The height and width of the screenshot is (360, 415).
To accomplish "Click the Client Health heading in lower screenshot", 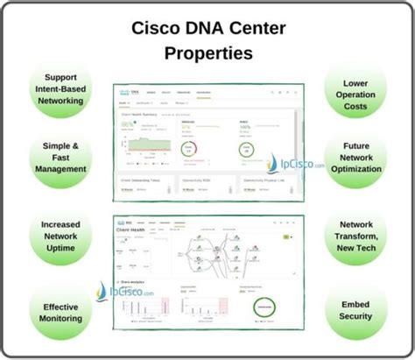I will coord(131,232).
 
